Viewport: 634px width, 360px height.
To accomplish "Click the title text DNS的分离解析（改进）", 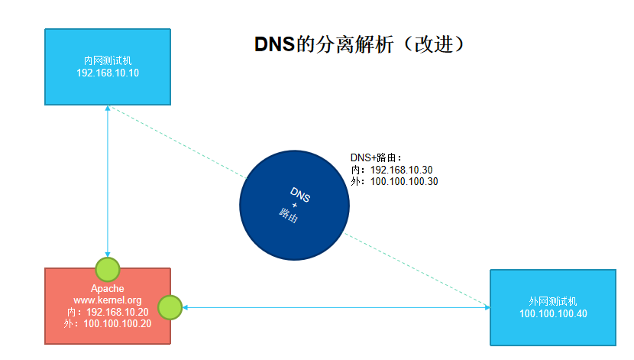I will pyautogui.click(x=359, y=45).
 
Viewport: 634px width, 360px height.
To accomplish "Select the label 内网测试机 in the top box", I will pyautogui.click(x=108, y=60).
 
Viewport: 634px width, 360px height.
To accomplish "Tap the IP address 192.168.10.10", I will pyautogui.click(x=108, y=73).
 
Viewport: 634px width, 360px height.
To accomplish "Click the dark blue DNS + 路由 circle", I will pyautogui.click(x=295, y=206).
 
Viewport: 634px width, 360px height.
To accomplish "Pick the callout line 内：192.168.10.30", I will pyautogui.click(x=391, y=170).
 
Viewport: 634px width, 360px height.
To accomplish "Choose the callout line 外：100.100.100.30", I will pyautogui.click(x=394, y=182).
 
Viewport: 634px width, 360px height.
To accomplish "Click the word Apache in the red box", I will pyautogui.click(x=108, y=288).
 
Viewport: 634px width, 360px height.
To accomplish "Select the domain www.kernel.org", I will pyautogui.click(x=108, y=300).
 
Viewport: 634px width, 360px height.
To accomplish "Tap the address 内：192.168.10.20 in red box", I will pyautogui.click(x=108, y=313).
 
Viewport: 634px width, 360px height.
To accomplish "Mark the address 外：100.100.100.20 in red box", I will pyautogui.click(x=108, y=324).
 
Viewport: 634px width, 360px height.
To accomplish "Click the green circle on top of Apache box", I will pyautogui.click(x=108, y=268).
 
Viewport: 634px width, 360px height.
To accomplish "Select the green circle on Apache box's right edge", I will pyautogui.click(x=170, y=307).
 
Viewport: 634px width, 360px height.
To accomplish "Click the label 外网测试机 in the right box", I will pyautogui.click(x=552, y=301).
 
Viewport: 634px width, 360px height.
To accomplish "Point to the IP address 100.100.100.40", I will pyautogui.click(x=552, y=314).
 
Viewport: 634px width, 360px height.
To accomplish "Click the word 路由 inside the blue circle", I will pyautogui.click(x=289, y=214).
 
